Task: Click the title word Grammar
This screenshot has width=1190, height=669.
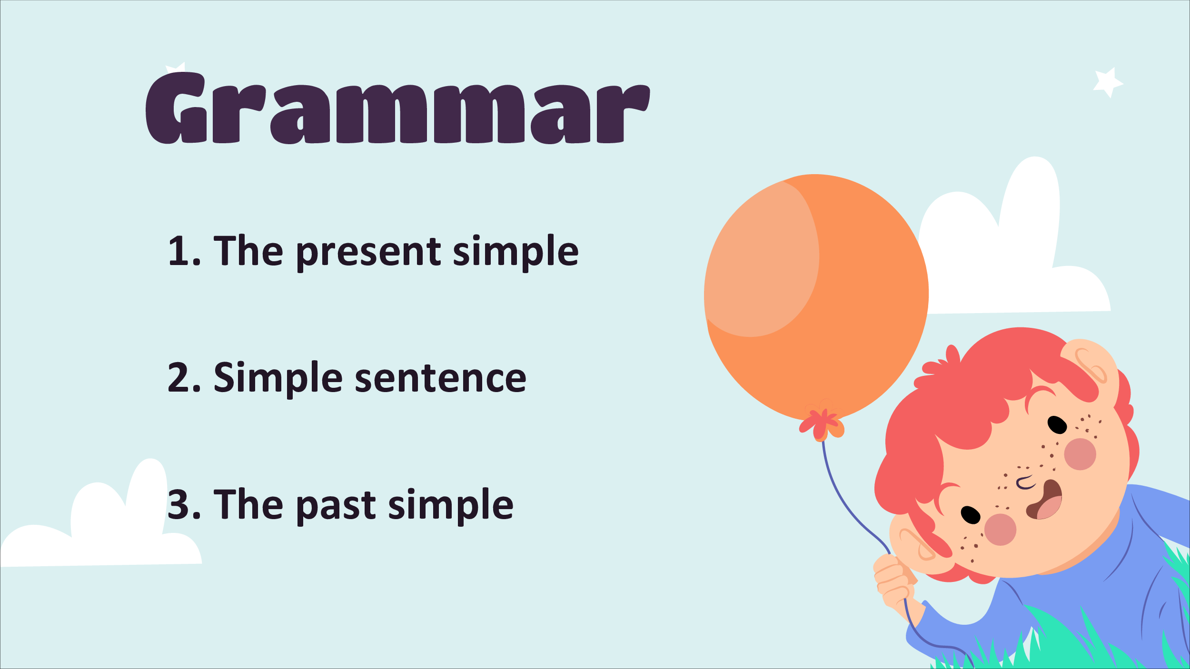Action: click(397, 108)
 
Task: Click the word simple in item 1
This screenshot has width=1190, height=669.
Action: click(516, 252)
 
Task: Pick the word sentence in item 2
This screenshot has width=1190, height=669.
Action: click(441, 379)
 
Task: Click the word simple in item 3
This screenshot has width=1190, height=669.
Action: click(451, 506)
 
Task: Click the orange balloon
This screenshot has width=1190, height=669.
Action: click(816, 297)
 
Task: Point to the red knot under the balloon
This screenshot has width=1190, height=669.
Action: click(821, 423)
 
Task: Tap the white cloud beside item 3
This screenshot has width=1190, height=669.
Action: click(101, 519)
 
